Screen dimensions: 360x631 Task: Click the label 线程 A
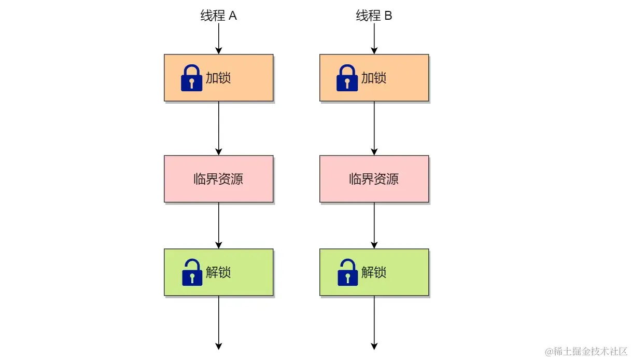tap(218, 16)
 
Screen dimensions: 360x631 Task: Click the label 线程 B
tap(374, 16)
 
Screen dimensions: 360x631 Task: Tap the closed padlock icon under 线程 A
tap(191, 78)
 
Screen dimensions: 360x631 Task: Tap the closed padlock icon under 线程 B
tap(347, 78)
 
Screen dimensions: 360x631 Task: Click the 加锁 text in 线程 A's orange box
tap(218, 78)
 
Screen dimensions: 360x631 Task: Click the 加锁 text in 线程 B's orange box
tap(373, 78)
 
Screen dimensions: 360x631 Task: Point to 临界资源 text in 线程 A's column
tap(218, 179)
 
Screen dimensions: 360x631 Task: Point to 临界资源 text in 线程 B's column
tap(374, 179)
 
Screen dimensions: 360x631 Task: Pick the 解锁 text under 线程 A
tap(218, 272)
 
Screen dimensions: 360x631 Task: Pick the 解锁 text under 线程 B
tap(373, 272)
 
